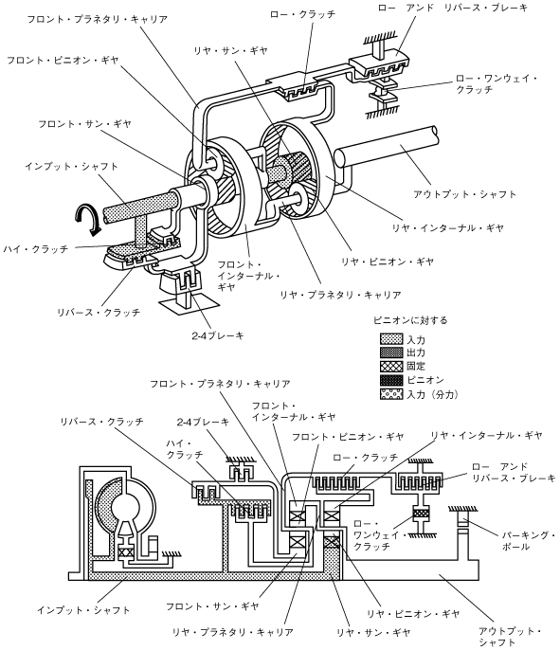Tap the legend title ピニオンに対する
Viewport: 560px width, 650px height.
point(410,320)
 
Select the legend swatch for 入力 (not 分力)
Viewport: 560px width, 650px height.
point(391,339)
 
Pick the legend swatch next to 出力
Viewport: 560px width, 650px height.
point(391,352)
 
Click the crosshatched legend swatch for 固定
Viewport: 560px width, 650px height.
point(391,366)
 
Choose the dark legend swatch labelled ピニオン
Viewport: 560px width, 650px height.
point(391,380)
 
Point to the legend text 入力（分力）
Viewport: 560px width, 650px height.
point(432,394)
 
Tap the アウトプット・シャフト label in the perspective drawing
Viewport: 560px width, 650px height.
point(464,194)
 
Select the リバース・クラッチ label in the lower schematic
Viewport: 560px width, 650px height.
point(102,422)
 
